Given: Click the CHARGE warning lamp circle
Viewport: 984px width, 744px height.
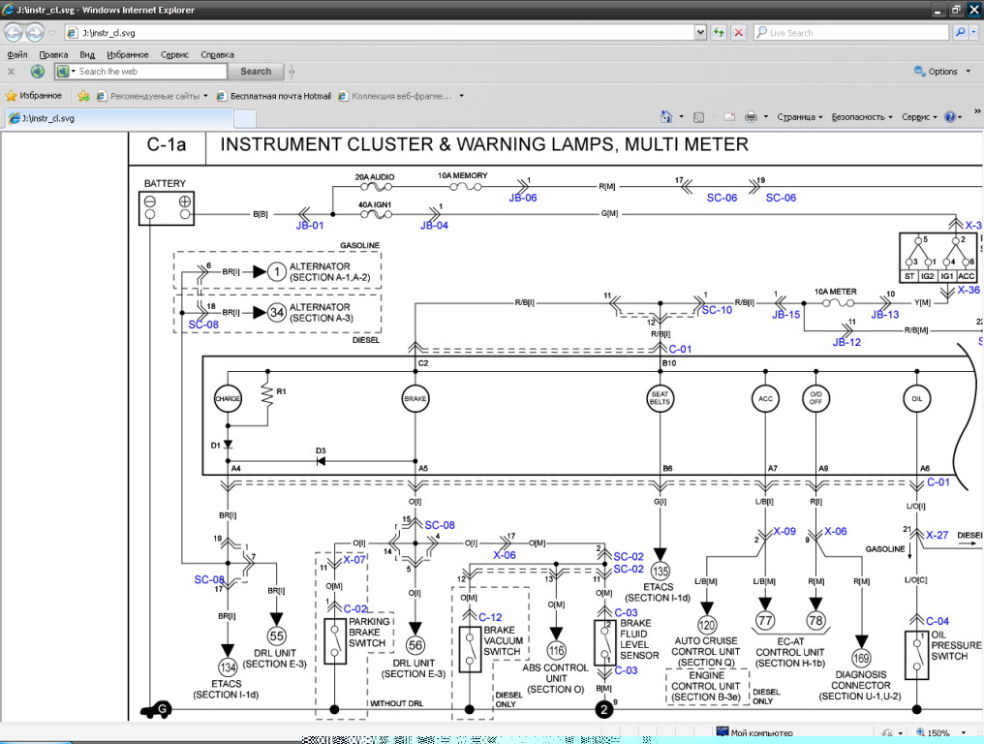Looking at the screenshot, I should pos(228,398).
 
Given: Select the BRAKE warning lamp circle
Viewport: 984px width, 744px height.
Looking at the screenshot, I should pos(415,398).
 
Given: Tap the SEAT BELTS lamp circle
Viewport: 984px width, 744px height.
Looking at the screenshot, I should pos(661,398).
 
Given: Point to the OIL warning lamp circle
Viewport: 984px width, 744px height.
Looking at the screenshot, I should pos(916,398).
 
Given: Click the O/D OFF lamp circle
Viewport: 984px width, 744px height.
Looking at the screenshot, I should pos(816,398).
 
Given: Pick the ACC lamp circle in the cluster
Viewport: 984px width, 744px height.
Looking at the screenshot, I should pos(765,398).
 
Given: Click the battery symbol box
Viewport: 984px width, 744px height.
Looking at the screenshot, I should pos(166,206).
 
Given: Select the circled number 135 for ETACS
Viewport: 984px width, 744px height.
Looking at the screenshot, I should pos(661,571).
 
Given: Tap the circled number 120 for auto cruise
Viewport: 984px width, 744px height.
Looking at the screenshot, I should pos(707,626).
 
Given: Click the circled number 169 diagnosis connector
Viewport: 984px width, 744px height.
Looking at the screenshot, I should pos(861,659).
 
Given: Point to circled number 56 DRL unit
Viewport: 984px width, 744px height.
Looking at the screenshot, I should pos(415,645).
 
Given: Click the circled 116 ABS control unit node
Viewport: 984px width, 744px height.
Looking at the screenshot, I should pos(556,651).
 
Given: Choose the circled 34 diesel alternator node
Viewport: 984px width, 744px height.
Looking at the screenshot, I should pos(277,313).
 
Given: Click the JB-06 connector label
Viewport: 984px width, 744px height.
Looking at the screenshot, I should pos(523,197).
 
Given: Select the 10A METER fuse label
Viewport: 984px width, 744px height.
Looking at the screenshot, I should pos(836,291).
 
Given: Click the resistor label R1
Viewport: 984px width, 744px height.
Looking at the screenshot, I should pos(283,392).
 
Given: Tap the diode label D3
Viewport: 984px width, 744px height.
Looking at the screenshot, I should pos(321,450).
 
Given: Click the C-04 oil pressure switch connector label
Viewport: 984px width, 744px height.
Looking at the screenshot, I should pos(938,621).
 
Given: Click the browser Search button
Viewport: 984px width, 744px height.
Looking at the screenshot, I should pos(256,71).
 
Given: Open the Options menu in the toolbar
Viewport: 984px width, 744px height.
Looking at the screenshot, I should pos(938,72).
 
